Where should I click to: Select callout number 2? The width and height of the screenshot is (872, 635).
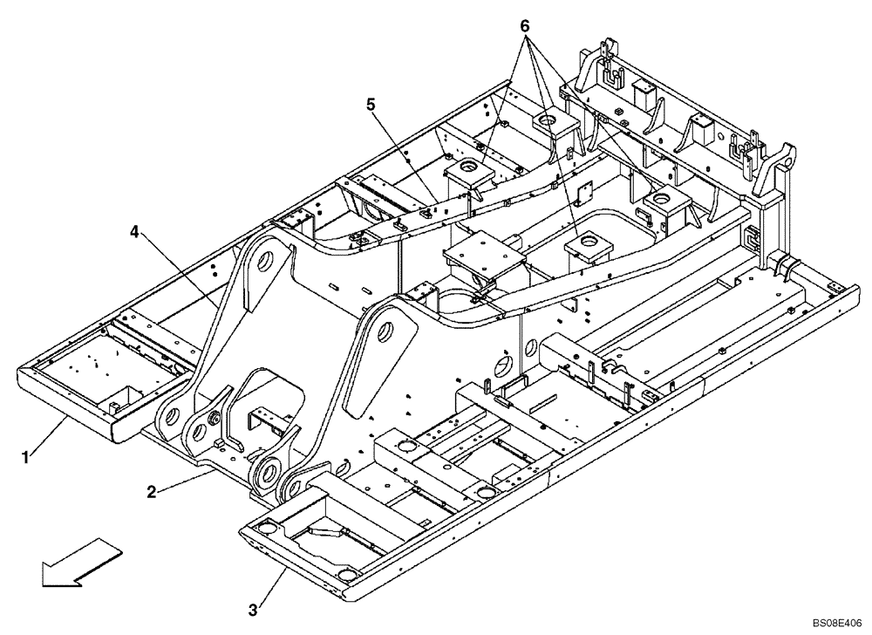pos(151,492)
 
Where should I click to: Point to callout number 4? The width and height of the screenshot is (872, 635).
pos(133,232)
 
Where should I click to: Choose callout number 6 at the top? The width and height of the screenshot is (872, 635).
pos(524,25)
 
